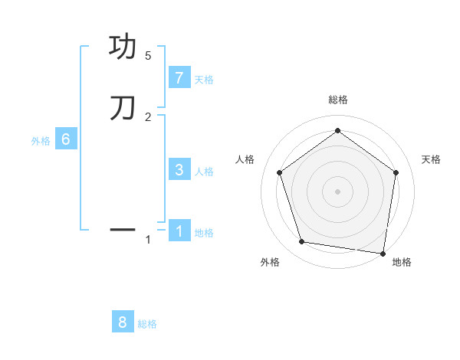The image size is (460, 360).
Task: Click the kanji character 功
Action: coord(123,47)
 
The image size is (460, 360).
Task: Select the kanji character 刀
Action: coord(123,108)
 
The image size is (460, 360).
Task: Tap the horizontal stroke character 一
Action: coord(123,229)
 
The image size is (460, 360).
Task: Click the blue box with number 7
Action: coord(179,78)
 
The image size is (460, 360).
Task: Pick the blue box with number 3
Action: coord(179,170)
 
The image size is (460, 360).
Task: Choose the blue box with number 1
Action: coord(179,231)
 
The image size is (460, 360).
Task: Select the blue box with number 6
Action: coord(66,139)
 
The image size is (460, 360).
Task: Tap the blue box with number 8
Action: coord(123,322)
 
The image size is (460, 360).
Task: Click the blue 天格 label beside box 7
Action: coord(204,80)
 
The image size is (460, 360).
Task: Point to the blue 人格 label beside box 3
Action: coord(204,172)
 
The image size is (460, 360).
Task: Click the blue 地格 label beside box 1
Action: coord(204,233)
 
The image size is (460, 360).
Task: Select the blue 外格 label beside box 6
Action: coord(41,141)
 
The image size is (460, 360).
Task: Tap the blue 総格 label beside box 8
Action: coord(147,324)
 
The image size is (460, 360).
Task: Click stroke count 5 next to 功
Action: coord(148,56)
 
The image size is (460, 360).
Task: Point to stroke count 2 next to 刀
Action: coord(148,116)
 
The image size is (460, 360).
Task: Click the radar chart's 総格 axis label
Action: coord(337,100)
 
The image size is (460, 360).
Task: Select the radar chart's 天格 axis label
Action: coord(431,159)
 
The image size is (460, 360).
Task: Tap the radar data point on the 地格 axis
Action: coord(383,253)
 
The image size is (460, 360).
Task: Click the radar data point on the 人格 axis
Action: coord(279,172)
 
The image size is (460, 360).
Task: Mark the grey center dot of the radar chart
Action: coord(337,191)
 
